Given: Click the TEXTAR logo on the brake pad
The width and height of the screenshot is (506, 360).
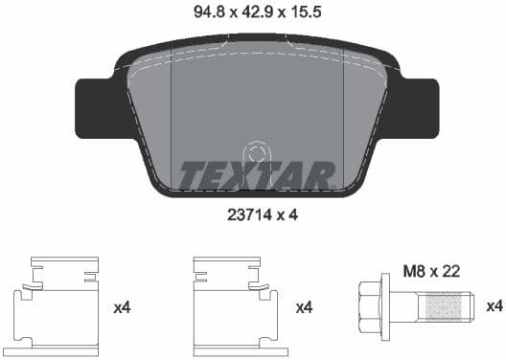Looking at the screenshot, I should click(256, 174).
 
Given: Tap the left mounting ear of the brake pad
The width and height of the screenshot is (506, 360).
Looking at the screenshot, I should click(95, 105).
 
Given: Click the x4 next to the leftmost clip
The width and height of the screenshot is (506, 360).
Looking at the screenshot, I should click(122, 307).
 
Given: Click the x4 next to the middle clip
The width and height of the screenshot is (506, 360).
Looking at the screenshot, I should click(304, 307).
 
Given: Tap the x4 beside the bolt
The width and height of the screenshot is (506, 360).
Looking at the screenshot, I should click(494, 306).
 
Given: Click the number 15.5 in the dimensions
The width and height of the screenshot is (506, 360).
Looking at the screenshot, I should click(306, 13).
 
